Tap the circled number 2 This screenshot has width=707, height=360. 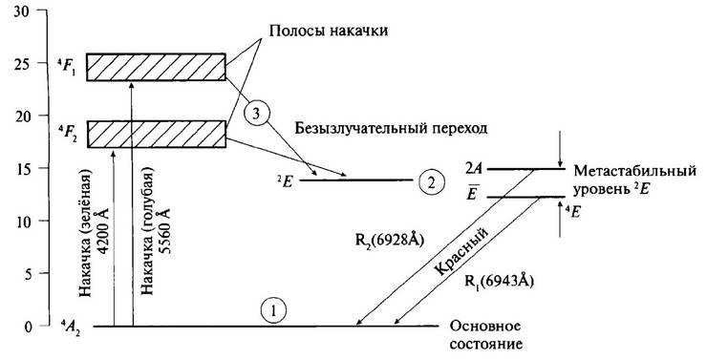432,181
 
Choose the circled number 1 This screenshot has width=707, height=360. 273,310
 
